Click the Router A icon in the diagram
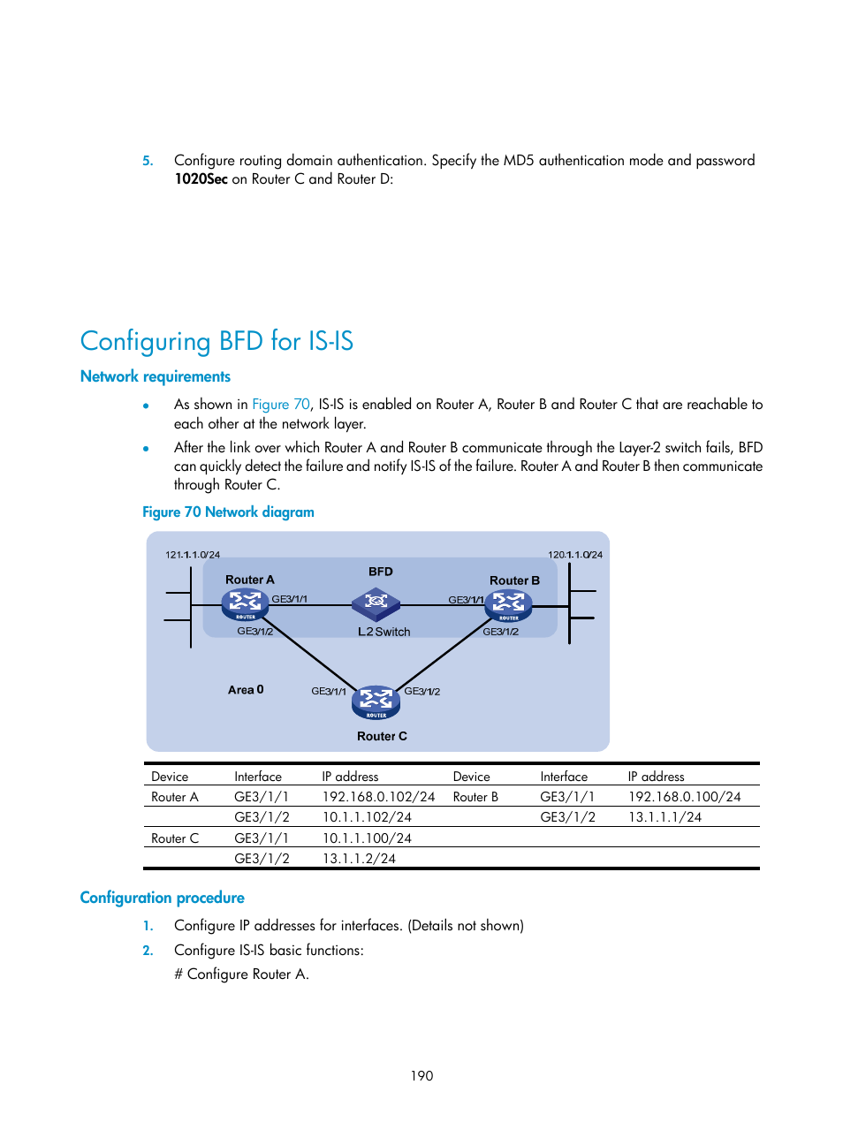245,604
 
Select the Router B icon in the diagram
508,605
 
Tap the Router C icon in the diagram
376,701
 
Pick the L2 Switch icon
376,603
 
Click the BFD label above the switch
381,572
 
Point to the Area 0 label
246,690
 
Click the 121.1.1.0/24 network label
193,555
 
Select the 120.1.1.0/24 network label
575,555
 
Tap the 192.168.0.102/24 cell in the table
378,797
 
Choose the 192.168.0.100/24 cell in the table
684,797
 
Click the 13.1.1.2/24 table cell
359,859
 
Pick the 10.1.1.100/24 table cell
367,838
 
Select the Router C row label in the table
175,838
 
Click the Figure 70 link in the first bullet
281,405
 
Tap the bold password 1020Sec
201,179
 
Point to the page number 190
421,1076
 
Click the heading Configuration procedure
163,898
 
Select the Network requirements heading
156,376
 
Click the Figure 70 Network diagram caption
228,512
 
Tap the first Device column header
170,777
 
